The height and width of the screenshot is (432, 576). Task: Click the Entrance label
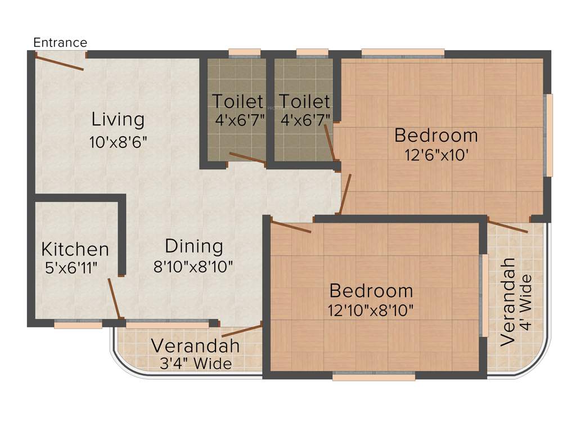tap(60, 43)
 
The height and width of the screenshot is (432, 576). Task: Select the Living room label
tap(118, 119)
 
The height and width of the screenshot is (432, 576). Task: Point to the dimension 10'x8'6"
tap(118, 142)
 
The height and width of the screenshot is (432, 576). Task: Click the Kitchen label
tap(75, 249)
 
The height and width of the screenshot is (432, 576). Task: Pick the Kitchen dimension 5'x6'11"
tap(71, 267)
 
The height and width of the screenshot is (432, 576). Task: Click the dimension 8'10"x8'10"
tap(193, 265)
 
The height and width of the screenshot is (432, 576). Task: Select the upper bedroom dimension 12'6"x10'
tap(436, 155)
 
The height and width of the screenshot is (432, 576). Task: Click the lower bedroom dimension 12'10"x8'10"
tap(371, 309)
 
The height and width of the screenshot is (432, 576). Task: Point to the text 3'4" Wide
tap(191, 364)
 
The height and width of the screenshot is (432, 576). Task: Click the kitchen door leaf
tap(114, 299)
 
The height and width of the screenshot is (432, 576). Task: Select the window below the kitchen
tap(78, 324)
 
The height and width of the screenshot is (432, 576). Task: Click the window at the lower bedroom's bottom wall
tap(373, 377)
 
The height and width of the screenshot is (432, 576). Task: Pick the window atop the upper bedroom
tap(403, 53)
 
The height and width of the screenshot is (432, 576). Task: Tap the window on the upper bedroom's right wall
tap(549, 136)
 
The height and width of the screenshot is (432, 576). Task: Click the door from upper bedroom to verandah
tap(508, 227)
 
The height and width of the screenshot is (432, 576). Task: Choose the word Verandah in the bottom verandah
tap(195, 345)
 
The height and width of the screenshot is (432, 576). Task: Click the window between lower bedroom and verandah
tap(483, 295)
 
